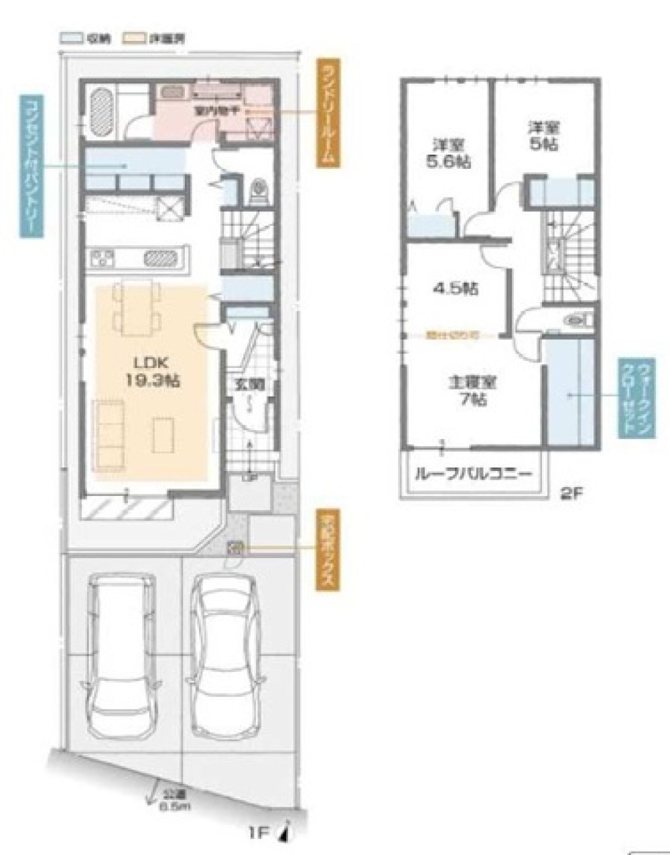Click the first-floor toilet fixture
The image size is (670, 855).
(x=259, y=192)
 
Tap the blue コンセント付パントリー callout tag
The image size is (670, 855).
(x=31, y=166)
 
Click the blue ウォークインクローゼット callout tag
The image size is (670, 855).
(x=632, y=397)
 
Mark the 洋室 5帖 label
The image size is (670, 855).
(x=544, y=136)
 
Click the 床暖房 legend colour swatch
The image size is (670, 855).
(x=130, y=39)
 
